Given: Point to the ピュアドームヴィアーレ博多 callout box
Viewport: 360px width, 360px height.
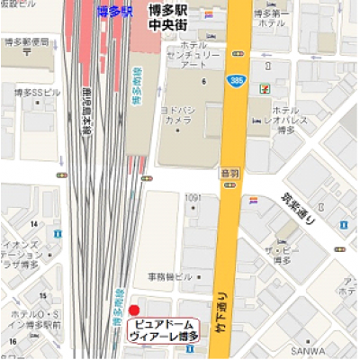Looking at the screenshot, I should point(167,328).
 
